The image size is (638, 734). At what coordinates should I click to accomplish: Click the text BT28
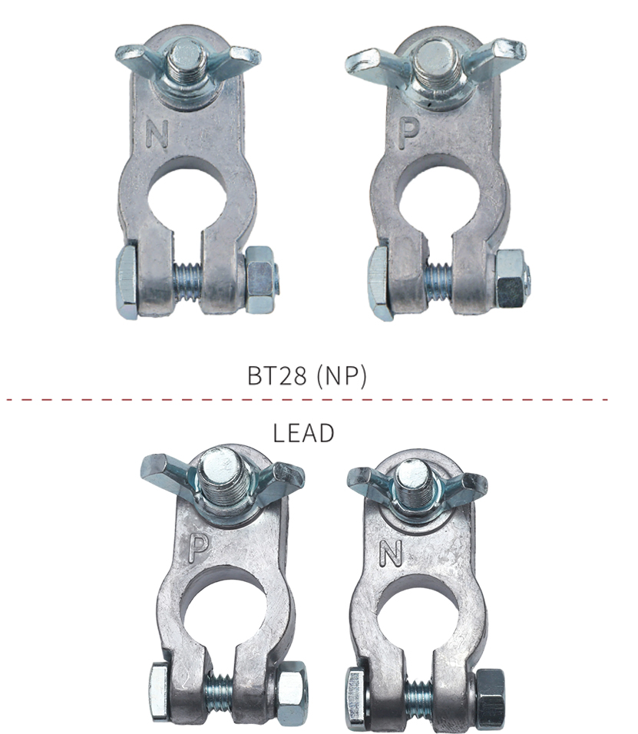(276, 375)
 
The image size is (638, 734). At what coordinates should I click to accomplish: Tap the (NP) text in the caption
(342, 376)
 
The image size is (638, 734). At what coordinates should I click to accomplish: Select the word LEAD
(303, 433)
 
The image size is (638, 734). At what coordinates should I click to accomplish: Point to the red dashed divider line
(306, 400)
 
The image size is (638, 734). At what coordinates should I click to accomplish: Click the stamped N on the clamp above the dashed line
(157, 134)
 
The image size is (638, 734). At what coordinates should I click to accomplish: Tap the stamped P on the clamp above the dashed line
(408, 134)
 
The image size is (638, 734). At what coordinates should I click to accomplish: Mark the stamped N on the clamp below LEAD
(391, 552)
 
